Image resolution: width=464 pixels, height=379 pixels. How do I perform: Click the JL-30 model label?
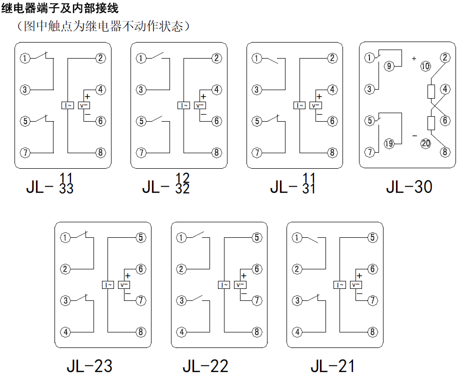point(408,187)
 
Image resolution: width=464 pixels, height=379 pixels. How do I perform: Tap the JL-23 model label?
point(89,366)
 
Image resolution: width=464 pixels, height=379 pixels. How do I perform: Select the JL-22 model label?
point(205,366)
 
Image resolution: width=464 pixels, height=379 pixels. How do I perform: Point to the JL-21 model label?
point(332,366)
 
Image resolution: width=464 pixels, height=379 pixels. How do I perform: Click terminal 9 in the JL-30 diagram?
point(388,66)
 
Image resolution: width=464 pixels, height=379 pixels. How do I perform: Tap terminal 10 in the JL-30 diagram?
point(425,66)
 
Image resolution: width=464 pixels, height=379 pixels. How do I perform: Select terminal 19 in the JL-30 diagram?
point(388,144)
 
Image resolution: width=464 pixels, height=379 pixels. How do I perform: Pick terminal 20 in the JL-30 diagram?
point(425,143)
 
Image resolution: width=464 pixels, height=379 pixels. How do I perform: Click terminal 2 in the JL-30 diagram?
point(444,58)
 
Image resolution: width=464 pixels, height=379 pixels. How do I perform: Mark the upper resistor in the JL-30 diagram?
point(430,92)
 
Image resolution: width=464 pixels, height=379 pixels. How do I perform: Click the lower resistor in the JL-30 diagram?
point(430,123)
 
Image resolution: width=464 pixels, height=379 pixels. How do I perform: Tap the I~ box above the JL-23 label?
point(108,285)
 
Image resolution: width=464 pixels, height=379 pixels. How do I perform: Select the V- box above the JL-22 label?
point(240,285)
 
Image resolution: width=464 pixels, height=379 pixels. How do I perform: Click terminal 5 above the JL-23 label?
point(141,238)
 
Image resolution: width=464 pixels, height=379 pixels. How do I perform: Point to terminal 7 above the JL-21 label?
point(372,300)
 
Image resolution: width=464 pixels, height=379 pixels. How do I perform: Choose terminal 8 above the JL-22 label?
point(257,331)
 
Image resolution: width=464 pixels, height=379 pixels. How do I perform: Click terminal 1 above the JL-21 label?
point(297,238)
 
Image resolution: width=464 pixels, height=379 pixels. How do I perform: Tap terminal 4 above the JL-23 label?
point(65,331)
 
